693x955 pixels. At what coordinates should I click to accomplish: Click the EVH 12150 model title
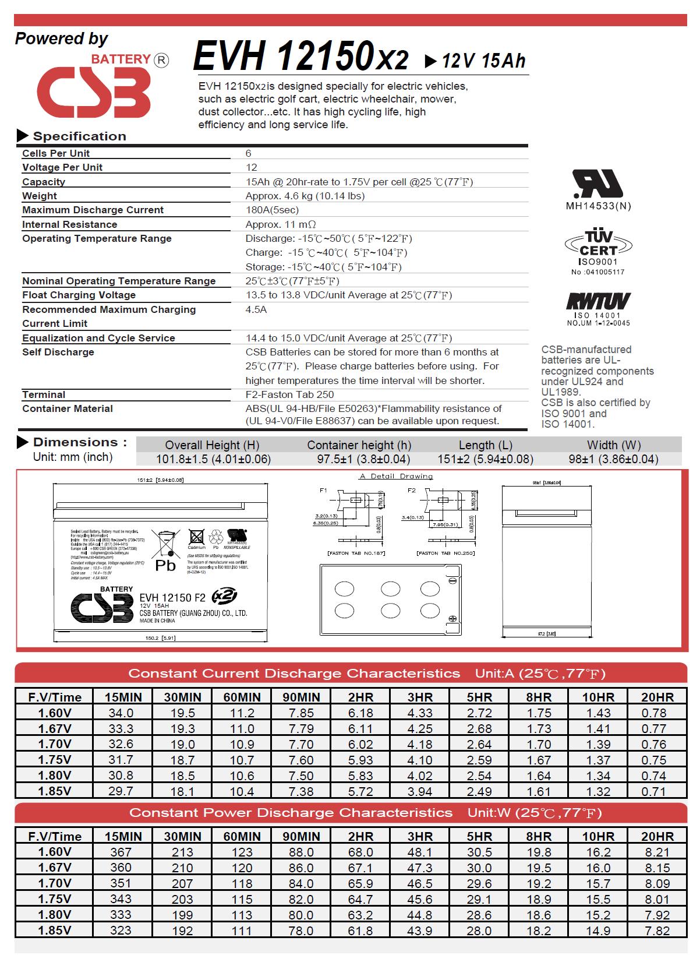tap(300, 57)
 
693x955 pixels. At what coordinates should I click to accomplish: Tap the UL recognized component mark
tap(597, 185)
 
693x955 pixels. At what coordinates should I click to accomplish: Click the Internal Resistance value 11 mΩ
tap(281, 224)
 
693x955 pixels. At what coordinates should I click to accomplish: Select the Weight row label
tap(40, 196)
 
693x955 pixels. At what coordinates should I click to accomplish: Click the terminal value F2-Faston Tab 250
tap(289, 394)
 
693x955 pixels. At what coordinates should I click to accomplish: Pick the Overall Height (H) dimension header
tap(212, 445)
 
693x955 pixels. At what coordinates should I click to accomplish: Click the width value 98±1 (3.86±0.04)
tap(613, 459)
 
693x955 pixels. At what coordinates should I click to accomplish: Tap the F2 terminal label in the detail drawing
tap(412, 490)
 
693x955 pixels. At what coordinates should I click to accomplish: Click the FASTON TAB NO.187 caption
tap(356, 552)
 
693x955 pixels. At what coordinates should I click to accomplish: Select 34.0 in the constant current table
tap(121, 713)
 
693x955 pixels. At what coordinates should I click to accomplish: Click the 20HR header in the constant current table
tap(657, 697)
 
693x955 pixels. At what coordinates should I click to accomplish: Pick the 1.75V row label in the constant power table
tap(54, 899)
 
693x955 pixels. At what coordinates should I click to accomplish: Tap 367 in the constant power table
tap(121, 852)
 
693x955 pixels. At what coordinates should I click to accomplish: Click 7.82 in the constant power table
tap(657, 931)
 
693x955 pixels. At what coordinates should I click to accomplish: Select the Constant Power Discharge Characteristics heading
tap(291, 812)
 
